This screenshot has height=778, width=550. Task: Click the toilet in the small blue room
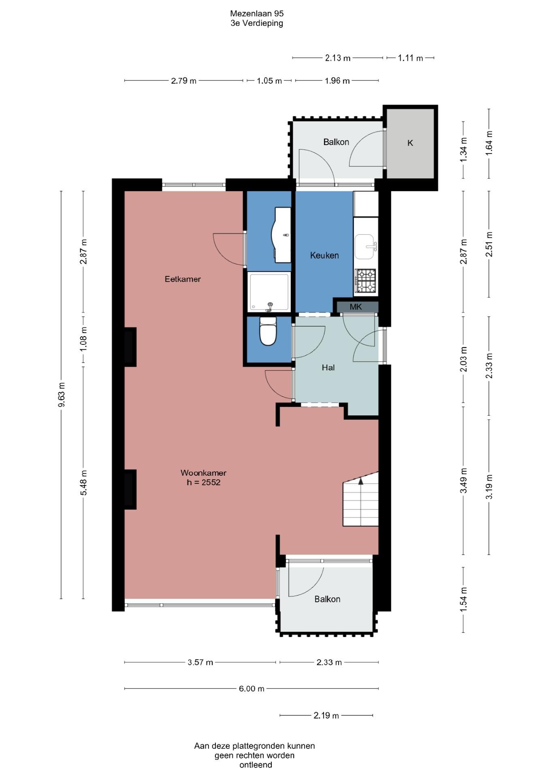pos(268,331)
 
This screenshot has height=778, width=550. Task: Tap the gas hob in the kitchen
pos(365,281)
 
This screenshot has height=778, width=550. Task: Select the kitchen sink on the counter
pos(366,246)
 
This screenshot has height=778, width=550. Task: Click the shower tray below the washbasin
pos(269,292)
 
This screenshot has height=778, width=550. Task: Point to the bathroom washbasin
pos(282,234)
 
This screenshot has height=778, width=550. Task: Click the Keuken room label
pos(324,255)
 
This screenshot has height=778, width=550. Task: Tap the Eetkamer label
pos(183,279)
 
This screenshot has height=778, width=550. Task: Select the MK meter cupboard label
pos(356,307)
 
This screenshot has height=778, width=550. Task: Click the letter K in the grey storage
pos(410,143)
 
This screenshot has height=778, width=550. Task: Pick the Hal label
pos(328,368)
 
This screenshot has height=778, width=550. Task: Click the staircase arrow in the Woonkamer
pos(360,481)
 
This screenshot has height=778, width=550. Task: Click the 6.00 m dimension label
pos(252,688)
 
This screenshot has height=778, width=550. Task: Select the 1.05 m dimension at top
pos(269,81)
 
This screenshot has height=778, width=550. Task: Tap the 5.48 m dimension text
pos(83,483)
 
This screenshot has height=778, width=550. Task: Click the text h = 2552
pos(204,482)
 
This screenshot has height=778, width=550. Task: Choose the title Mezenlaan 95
pos(257,13)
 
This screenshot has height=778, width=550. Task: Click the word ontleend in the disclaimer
pos(256,765)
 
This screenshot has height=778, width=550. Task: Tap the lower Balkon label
pos(327,599)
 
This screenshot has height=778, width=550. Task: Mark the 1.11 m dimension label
pos(410,58)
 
